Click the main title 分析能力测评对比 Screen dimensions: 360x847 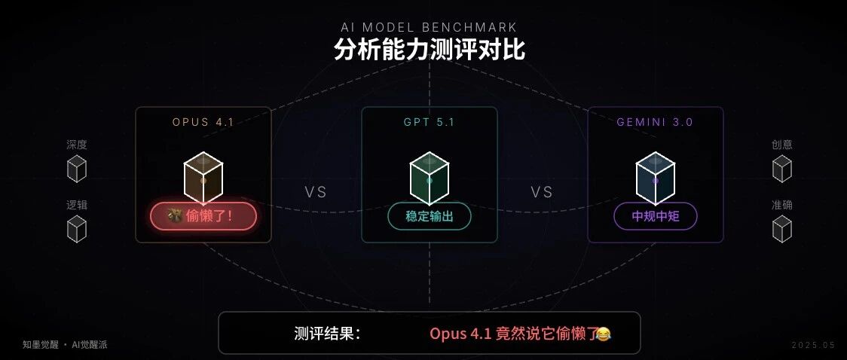coord(429,50)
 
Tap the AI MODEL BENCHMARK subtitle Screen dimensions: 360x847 coord(429,28)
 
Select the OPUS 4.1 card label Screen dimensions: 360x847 coord(203,122)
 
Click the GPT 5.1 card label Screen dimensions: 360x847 coord(429,122)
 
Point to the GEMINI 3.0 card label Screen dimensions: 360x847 coord(655,122)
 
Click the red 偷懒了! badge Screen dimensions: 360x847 coord(203,216)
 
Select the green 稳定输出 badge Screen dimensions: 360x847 coord(430,216)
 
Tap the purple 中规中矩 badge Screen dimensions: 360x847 coord(655,216)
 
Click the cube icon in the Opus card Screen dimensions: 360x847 coord(203,178)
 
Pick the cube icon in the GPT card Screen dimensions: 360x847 coord(430,178)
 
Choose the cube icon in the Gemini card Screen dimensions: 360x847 coord(655,178)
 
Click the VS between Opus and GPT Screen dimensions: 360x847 coord(316,192)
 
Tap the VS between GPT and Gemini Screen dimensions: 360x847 coord(542,192)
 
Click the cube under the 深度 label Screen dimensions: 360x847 coord(77,169)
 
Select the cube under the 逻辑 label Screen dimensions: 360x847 coord(77,229)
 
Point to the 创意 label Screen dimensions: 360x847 coord(782,145)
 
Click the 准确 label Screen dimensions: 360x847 coord(782,205)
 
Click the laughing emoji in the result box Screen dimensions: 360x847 coord(603,334)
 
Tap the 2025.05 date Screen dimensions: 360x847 coord(813,345)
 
